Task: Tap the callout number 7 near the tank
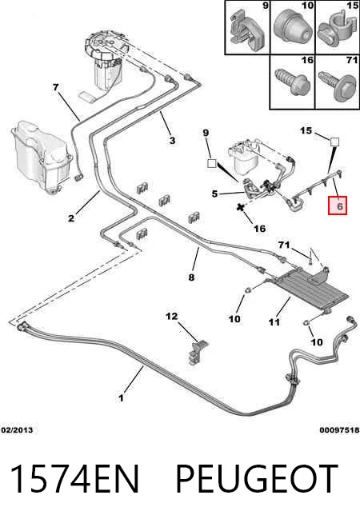pos(56,87)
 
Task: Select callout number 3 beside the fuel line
pos(172,141)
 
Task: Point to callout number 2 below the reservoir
pos(71,218)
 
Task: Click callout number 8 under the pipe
pos(191,277)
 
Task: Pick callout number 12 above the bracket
pos(172,316)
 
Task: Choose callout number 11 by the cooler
pos(274,321)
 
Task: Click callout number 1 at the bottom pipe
pos(121,397)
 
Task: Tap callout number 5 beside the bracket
pos(214,194)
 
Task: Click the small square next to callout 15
pos(334,142)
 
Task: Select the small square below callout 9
pos(212,163)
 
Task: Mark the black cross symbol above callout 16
pos(239,208)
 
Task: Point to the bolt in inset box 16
pos(293,81)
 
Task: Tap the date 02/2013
pos(17,430)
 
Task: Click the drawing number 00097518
pos(339,430)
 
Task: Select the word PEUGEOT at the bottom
pos(256,479)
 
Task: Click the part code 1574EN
pos(74,479)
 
